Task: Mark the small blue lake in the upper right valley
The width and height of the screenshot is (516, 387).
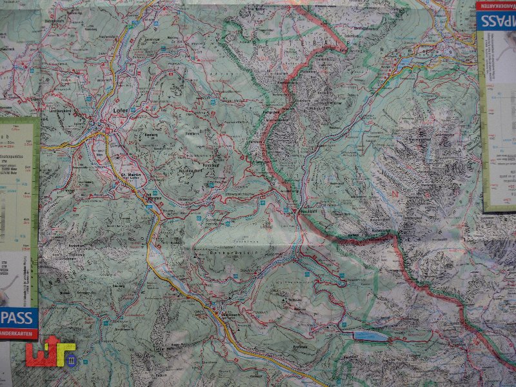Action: [x=405, y=64]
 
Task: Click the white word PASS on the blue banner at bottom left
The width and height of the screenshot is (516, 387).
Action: [x=17, y=319]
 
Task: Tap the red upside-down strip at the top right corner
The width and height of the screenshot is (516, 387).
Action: [x=495, y=5]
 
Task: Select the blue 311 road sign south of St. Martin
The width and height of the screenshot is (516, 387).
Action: [x=149, y=206]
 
